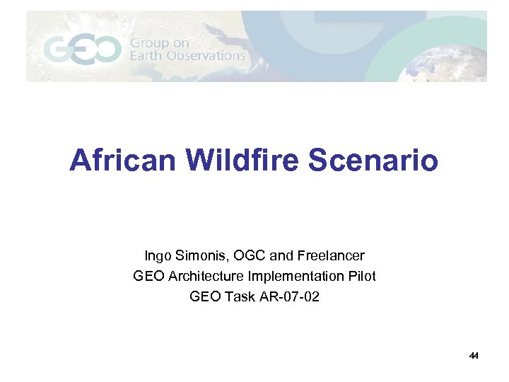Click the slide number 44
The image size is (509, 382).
point(474,356)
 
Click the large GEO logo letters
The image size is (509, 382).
point(82,49)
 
